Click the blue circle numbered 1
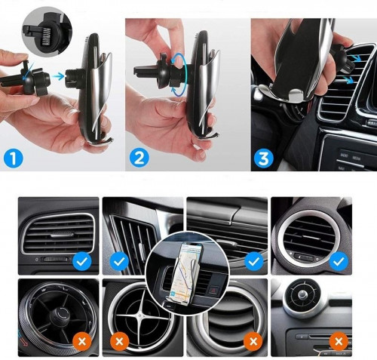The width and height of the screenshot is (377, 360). (x=14, y=158)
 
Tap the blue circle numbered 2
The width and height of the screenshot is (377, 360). (x=139, y=157)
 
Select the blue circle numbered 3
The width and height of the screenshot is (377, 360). (x=264, y=158)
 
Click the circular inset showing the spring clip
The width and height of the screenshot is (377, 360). (x=47, y=31)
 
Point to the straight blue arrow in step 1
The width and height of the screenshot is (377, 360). (x=60, y=76)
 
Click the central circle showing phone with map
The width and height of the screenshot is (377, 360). (x=187, y=273)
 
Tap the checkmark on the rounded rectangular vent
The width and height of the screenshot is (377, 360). (x=81, y=263)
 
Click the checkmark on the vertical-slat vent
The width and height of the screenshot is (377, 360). (x=119, y=263)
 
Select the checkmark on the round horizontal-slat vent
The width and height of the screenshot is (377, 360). (x=339, y=262)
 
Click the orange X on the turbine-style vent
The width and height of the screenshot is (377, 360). (x=81, y=341)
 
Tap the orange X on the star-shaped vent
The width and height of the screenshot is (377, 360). (x=119, y=341)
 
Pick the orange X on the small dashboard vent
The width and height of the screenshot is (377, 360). (x=339, y=341)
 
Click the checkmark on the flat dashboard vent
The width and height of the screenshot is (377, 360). (x=253, y=262)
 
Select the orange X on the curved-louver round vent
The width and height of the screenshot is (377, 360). (x=253, y=341)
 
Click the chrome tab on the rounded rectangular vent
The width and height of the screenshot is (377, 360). (x=62, y=235)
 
